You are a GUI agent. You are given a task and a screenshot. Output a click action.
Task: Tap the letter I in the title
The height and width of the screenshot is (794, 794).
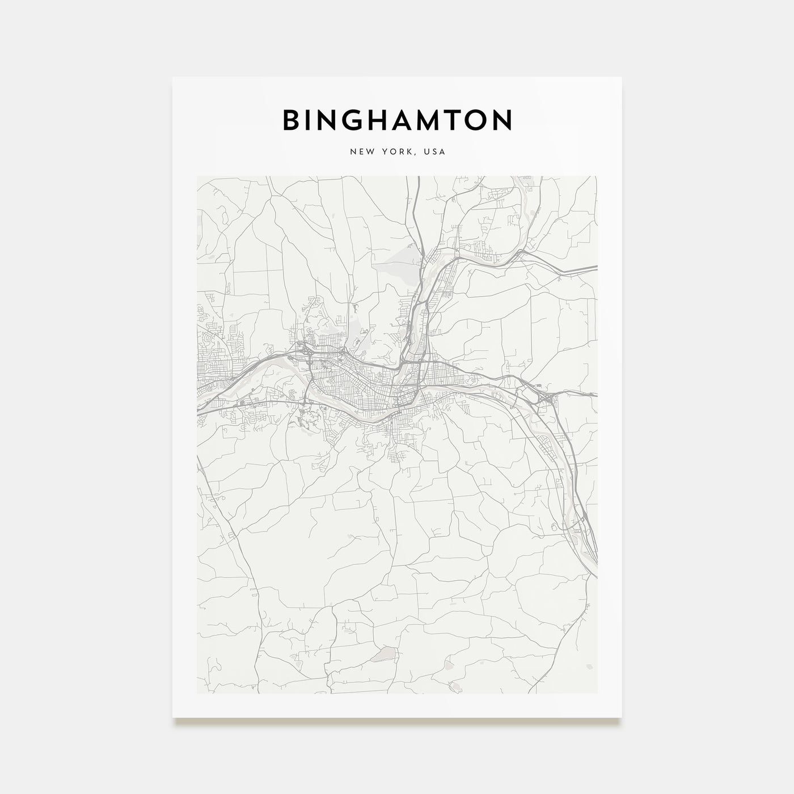312,120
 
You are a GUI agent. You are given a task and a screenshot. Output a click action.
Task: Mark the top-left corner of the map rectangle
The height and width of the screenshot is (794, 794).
197,176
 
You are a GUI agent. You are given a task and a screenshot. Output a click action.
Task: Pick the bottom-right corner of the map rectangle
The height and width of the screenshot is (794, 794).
597,693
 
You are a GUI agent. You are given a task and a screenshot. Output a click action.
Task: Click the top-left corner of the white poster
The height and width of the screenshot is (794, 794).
173,77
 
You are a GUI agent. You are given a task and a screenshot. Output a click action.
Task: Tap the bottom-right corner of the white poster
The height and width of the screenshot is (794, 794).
622,717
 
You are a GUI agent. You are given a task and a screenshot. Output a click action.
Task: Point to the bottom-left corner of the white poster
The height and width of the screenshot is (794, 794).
173,717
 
